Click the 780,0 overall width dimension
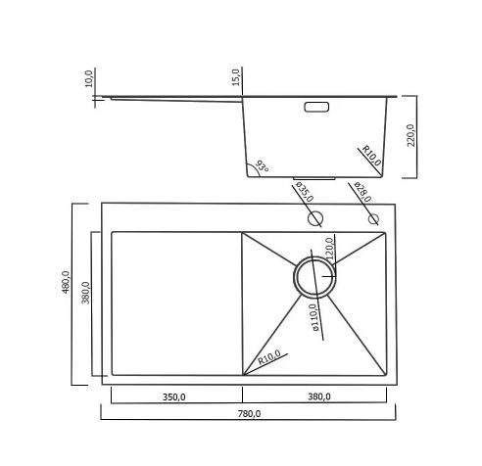click(x=249, y=414)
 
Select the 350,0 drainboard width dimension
click(x=174, y=396)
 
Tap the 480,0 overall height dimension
click(x=66, y=282)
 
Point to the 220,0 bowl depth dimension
click(x=410, y=135)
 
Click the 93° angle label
click(x=262, y=166)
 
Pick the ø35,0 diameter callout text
click(x=305, y=192)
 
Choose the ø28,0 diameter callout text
click(x=362, y=192)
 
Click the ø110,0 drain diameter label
click(x=313, y=317)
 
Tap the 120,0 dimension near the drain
click(x=330, y=249)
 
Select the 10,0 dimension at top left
click(x=89, y=78)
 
